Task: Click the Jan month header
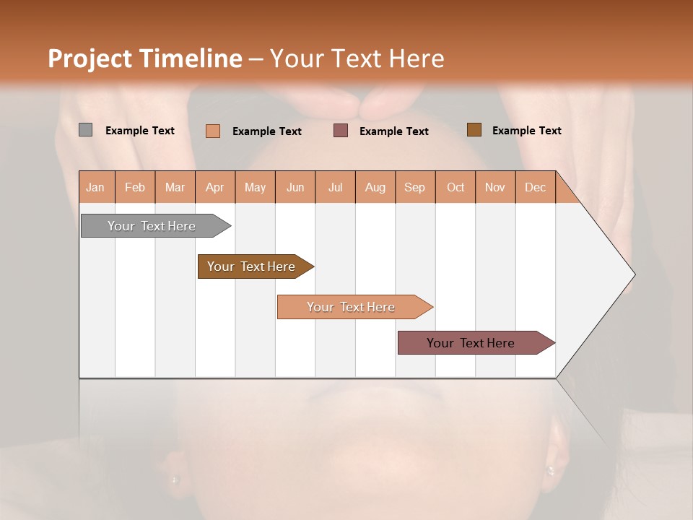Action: [x=95, y=187]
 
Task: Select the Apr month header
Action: [x=214, y=187]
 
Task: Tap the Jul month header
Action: [x=335, y=187]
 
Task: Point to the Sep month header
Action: [x=414, y=187]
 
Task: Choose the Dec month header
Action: [x=535, y=187]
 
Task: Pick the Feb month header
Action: [x=135, y=187]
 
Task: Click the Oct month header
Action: [x=456, y=187]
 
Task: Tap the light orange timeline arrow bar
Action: [x=352, y=307]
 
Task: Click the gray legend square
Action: [x=85, y=130]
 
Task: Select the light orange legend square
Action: [x=212, y=131]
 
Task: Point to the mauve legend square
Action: [x=341, y=131]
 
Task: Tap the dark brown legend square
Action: [x=474, y=130]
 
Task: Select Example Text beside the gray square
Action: [x=140, y=131]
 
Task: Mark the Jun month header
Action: [x=295, y=187]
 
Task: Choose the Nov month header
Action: [x=495, y=187]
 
